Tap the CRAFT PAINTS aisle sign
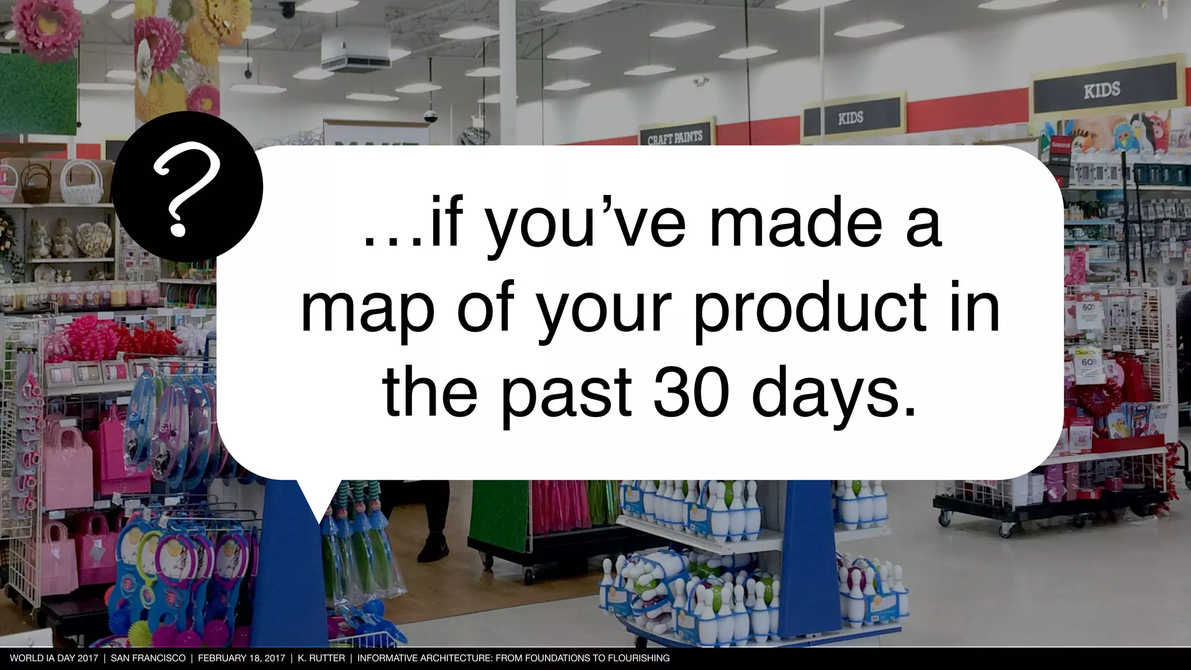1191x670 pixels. tap(675, 137)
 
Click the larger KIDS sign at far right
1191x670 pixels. tap(1101, 90)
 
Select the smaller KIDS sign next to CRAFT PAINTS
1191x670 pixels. tap(850, 118)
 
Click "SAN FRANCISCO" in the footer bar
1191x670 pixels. tap(148, 658)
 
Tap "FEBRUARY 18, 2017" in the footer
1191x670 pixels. tap(241, 658)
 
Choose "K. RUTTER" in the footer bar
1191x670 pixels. tap(321, 658)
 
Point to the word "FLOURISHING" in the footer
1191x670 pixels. tap(638, 658)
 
